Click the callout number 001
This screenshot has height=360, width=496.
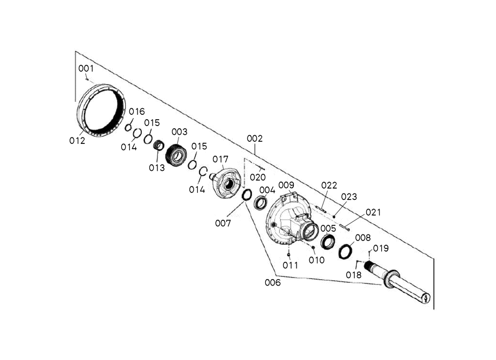pos(86,68)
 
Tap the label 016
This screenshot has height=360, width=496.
pos(136,112)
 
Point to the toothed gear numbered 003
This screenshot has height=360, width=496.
pos(176,155)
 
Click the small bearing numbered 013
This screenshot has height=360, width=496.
pos(159,146)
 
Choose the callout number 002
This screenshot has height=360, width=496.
pos(254,139)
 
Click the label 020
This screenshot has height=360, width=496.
pos(258,177)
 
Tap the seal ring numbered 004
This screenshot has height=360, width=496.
pos(260,203)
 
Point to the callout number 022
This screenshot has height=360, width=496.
pos(329,185)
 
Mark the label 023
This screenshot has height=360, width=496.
pos(349,197)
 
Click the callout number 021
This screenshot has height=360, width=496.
pos(373,212)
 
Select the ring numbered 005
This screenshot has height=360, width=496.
pos(328,241)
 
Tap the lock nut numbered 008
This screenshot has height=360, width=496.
pos(346,252)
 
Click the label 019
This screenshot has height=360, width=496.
pos(381,248)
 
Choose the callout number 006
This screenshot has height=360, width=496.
pos(273,282)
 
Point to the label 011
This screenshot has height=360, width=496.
pos(290,265)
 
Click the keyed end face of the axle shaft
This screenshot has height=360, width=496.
pos(426,297)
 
